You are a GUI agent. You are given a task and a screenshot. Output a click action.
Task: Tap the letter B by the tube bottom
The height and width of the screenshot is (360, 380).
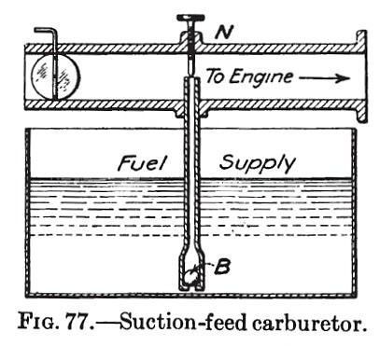click(x=223, y=268)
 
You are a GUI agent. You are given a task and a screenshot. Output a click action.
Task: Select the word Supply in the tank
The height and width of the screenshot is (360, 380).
click(x=259, y=164)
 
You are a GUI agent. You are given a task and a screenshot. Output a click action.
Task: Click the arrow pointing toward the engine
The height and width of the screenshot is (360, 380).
click(x=324, y=79)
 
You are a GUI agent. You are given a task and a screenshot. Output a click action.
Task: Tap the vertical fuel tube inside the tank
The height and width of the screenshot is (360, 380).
click(x=192, y=187)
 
